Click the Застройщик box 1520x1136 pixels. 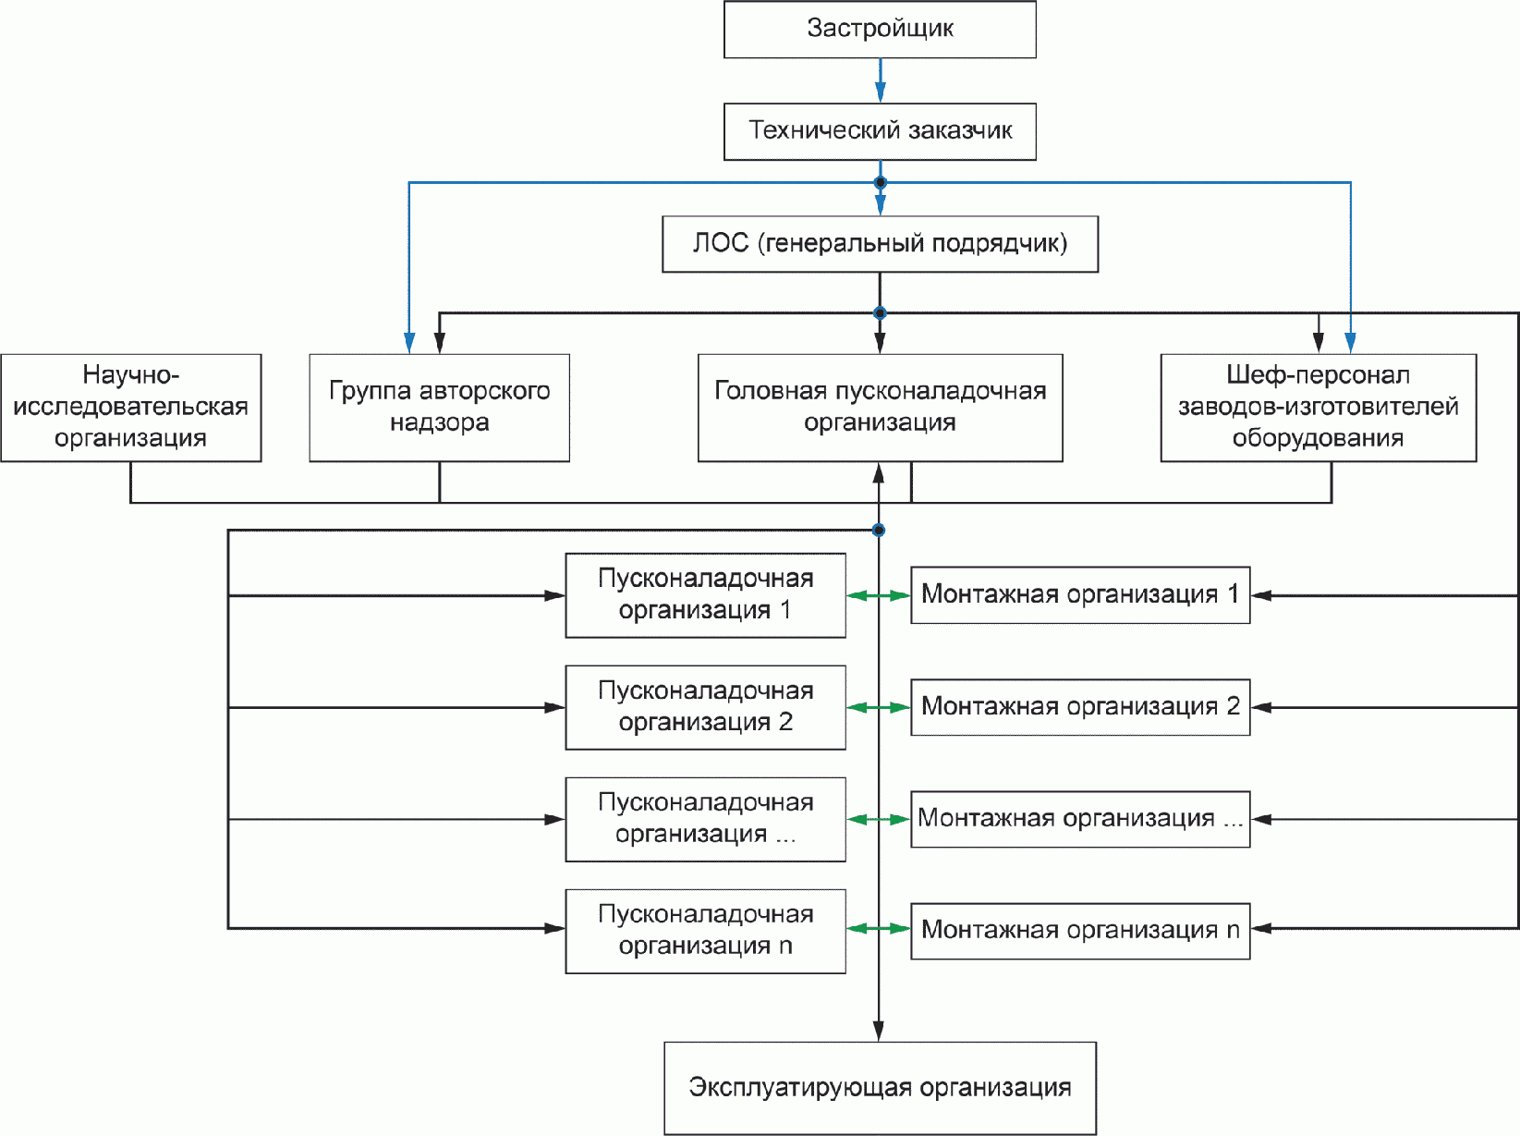[880, 29]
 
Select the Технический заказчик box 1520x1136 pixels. [880, 131]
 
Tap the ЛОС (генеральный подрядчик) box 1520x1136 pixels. [880, 244]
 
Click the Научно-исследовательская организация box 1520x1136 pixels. [131, 408]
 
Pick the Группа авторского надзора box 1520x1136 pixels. [439, 408]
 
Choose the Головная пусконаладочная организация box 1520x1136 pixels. [880, 408]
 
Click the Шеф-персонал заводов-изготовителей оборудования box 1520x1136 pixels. [1318, 408]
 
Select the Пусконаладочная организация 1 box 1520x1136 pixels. [705, 595]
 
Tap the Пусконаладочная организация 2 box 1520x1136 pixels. [705, 707]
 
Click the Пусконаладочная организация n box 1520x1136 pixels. [705, 931]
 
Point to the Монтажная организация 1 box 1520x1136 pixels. [1079, 595]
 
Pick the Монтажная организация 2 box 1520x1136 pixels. [1079, 707]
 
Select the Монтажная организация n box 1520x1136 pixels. [1079, 931]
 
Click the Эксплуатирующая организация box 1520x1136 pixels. [880, 1088]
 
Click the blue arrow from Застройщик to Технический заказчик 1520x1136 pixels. [881, 80]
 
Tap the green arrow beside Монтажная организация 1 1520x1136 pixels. [878, 595]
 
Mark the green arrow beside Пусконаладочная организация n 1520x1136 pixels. [878, 928]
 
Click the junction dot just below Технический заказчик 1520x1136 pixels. [881, 183]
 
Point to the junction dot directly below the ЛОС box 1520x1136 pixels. [880, 313]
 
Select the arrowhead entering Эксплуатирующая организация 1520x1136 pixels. [878, 1031]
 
